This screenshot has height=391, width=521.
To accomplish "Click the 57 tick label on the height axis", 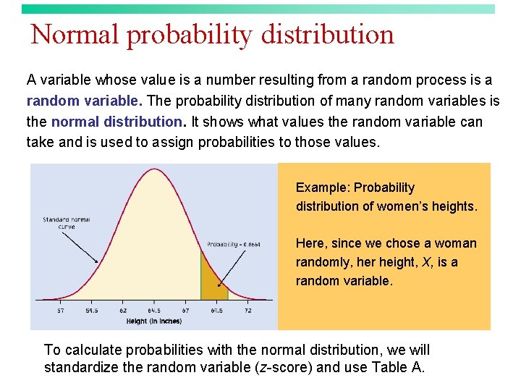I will click(60, 311).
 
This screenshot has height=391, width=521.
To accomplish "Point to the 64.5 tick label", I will click(154, 311).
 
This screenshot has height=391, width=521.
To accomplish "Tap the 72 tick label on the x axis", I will click(247, 311).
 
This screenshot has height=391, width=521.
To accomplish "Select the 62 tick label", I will click(123, 311).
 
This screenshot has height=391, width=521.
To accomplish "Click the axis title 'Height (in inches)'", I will click(153, 321).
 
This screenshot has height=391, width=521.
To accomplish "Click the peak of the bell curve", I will click(154, 170).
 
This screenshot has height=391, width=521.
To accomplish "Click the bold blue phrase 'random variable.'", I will click(83, 101).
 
